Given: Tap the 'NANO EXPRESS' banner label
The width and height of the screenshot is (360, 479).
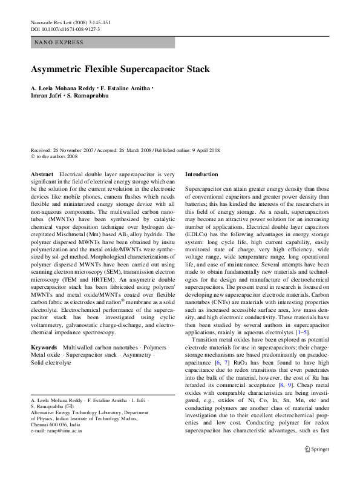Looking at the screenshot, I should (x=59, y=42).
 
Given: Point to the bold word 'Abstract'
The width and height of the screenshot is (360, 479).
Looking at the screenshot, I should (x=42, y=174).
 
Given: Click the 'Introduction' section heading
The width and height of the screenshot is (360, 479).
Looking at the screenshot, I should (x=201, y=174).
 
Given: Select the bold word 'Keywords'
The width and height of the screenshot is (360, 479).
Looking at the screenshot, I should (x=44, y=347).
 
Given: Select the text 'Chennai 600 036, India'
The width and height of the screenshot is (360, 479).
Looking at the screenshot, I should (x=56, y=424).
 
